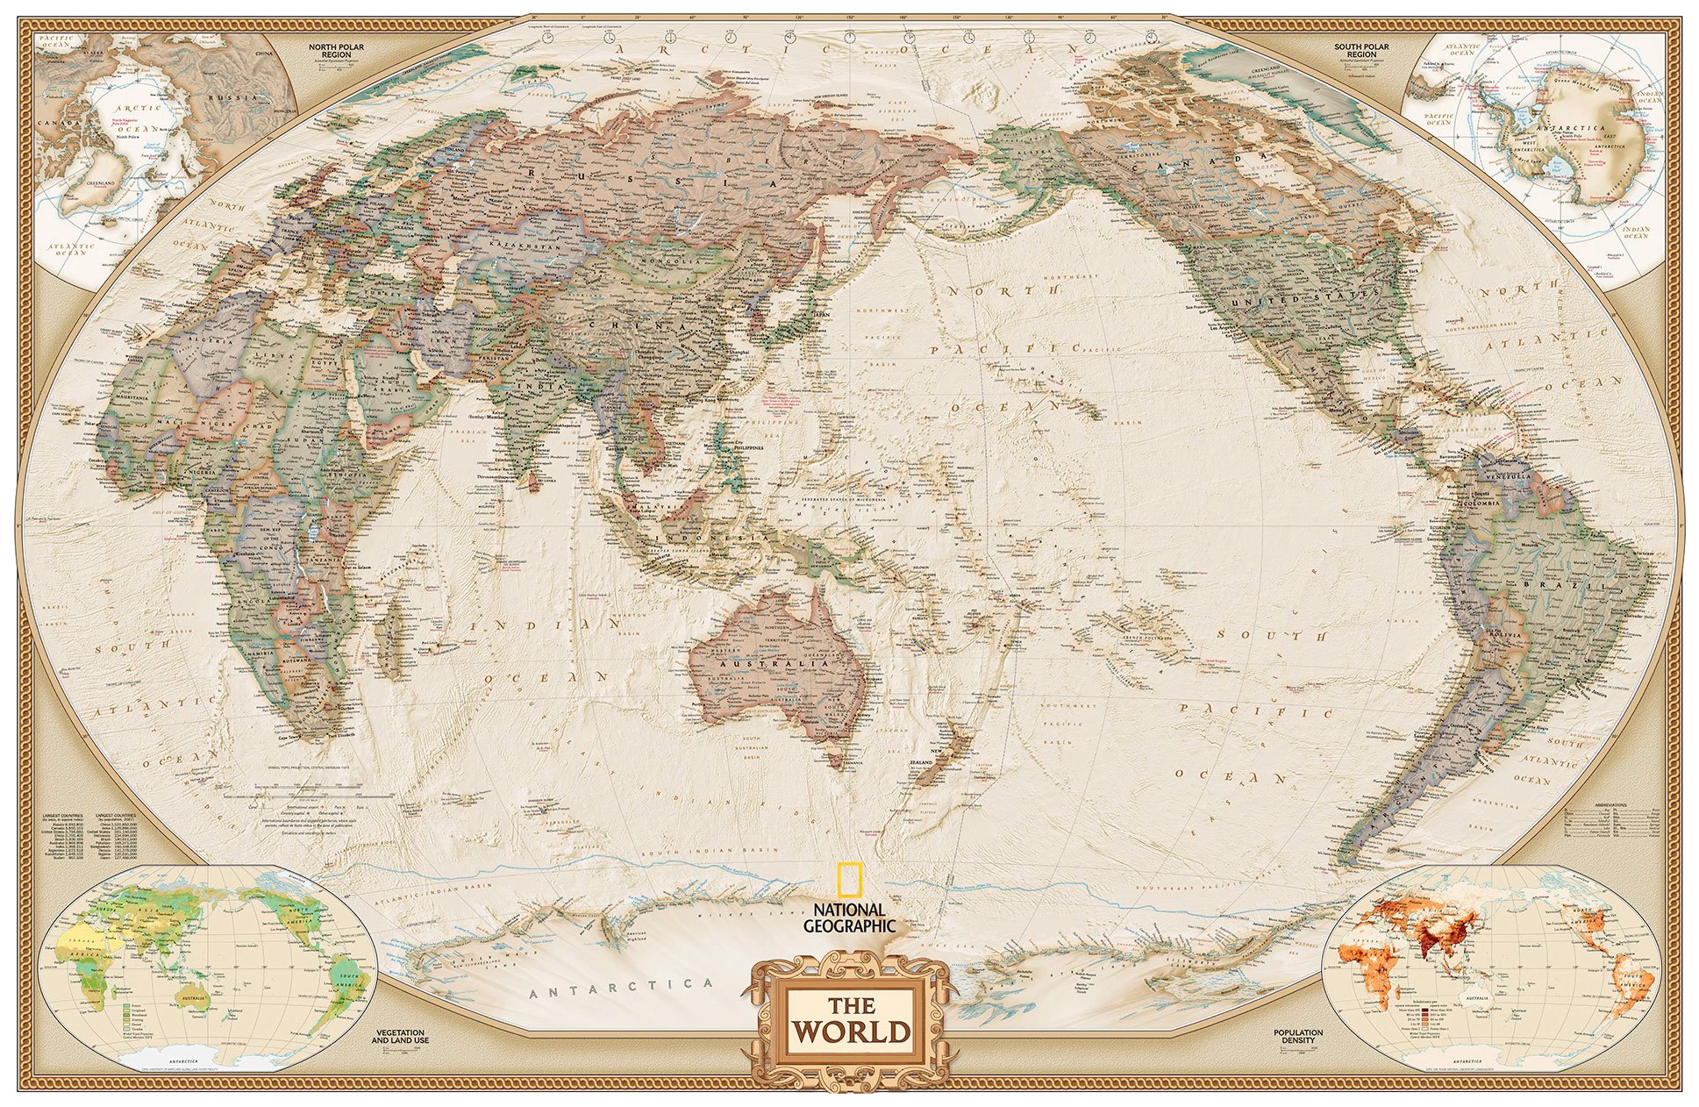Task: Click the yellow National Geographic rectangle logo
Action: pyautogui.click(x=847, y=879)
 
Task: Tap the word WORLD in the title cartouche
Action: pyautogui.click(x=850, y=1031)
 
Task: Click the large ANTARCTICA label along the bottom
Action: pyautogui.click(x=621, y=989)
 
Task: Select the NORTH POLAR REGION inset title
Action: pyautogui.click(x=336, y=50)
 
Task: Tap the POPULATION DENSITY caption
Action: pyautogui.click(x=1298, y=1036)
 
